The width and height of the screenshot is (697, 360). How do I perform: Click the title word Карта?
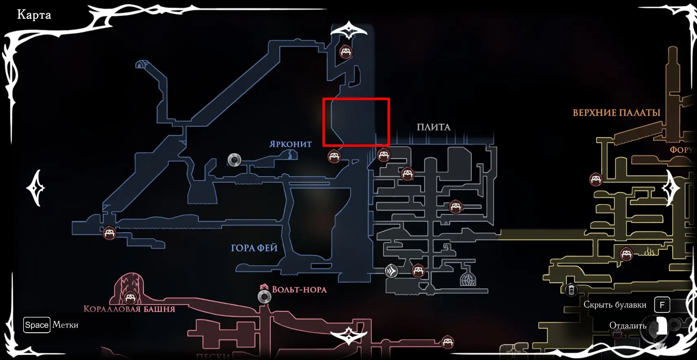click(x=34, y=15)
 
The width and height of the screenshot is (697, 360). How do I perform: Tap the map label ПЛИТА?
click(x=433, y=127)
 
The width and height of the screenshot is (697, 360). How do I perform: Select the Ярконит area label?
click(x=290, y=144)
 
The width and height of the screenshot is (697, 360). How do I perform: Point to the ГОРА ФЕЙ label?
click(x=254, y=248)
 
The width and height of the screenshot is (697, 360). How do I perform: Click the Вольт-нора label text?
click(x=299, y=290)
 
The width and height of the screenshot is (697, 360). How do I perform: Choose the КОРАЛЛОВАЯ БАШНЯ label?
click(x=129, y=309)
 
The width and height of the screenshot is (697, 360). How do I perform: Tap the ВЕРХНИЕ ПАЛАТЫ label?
click(x=616, y=113)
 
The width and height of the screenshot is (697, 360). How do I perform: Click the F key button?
click(x=662, y=305)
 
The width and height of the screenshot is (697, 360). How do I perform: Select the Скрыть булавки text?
click(x=614, y=305)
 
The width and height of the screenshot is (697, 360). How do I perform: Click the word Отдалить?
click(x=627, y=325)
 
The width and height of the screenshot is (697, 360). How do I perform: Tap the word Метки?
click(x=65, y=325)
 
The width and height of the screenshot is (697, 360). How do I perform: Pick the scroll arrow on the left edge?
click(x=36, y=188)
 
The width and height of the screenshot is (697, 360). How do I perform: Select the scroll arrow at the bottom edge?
click(x=349, y=336)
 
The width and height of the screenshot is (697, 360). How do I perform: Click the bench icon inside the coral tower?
click(x=130, y=298)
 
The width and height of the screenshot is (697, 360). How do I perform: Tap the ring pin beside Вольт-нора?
click(x=265, y=297)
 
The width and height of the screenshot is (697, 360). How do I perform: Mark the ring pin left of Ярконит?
click(x=234, y=160)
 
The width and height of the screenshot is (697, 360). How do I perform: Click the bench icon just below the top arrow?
click(x=346, y=52)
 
